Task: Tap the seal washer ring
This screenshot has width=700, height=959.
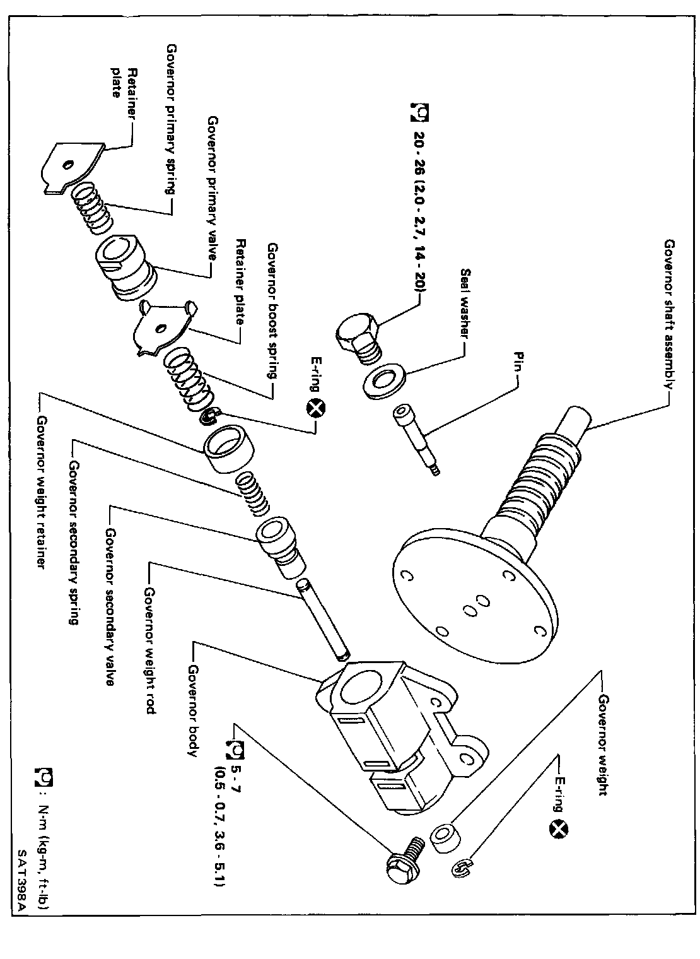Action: [385, 382]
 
